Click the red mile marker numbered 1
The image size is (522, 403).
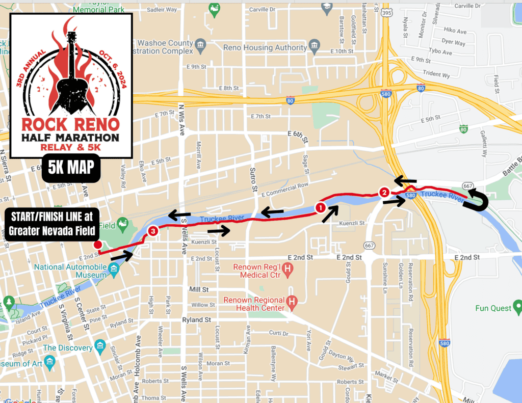tap(320, 207)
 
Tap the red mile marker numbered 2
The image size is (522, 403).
tap(384, 192)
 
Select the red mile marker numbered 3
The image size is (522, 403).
tap(152, 231)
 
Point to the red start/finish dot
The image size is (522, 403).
tap(98, 245)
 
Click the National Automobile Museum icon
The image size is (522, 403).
tap(114, 268)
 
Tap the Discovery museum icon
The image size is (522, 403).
tap(100, 347)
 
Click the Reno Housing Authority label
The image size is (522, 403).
tap(265, 47)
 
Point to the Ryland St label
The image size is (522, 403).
tap(197, 320)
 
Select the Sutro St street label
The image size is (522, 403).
tap(253, 179)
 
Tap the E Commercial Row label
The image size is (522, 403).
tap(285, 190)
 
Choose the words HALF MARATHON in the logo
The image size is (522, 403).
tap(71, 138)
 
